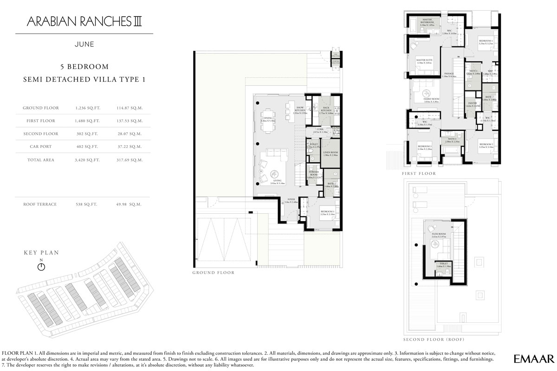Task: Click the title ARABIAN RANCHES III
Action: click(x=84, y=21)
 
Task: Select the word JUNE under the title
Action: click(x=84, y=45)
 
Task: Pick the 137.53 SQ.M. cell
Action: click(x=128, y=121)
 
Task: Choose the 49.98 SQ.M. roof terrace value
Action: click(x=128, y=204)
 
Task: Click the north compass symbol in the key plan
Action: click(x=41, y=267)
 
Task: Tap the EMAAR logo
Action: click(x=534, y=358)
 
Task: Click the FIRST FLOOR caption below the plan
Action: click(x=419, y=173)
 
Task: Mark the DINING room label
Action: click(x=268, y=118)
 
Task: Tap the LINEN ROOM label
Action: click(x=330, y=153)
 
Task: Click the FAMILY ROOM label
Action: click(x=431, y=99)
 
